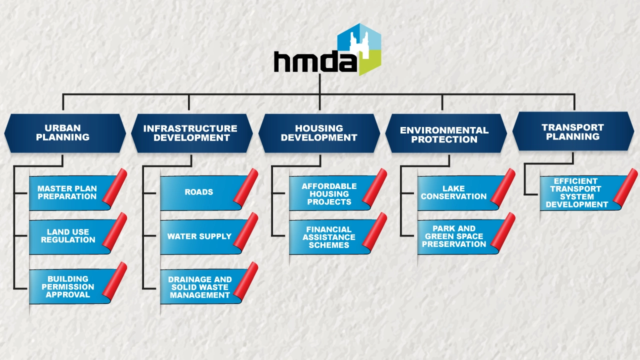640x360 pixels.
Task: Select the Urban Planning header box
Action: (x=64, y=133)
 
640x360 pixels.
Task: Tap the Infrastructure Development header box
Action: (x=190, y=133)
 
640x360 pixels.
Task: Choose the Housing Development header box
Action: (x=319, y=133)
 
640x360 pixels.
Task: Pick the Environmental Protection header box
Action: (x=444, y=134)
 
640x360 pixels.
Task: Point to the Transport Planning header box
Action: (x=573, y=132)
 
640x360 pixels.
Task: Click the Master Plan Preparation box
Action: (x=67, y=192)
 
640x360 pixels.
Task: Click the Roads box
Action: (x=199, y=192)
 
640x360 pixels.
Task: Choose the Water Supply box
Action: (x=199, y=236)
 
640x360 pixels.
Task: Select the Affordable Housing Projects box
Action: (x=329, y=194)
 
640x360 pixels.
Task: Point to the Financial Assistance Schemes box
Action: (x=329, y=237)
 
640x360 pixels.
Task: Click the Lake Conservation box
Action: (x=453, y=192)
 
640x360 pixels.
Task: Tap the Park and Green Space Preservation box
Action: (x=454, y=236)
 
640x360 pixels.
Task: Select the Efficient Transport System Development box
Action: (x=576, y=193)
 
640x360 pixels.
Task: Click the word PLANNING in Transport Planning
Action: (x=573, y=136)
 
